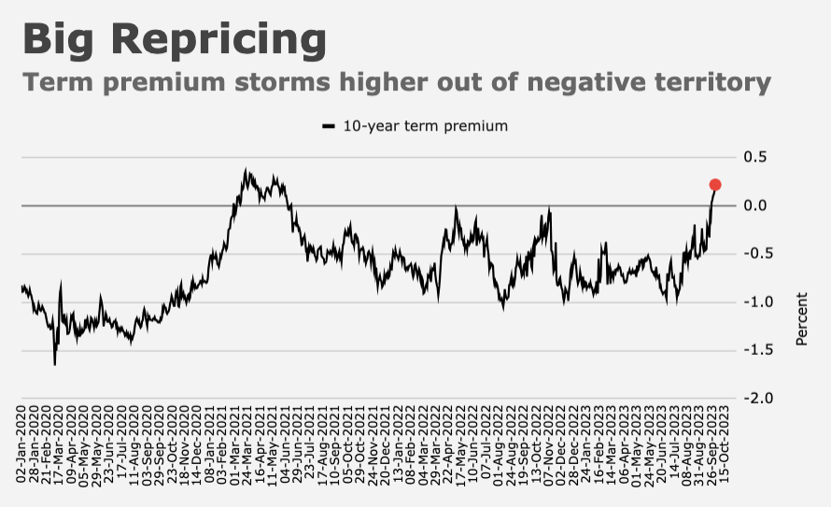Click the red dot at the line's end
point(715,184)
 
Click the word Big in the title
point(58,40)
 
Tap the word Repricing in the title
point(218,40)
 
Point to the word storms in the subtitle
point(282,82)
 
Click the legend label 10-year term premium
point(426,126)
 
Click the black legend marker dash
point(329,126)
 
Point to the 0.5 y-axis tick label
point(755,157)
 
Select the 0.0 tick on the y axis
point(755,205)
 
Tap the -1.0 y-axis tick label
point(754,302)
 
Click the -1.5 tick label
point(754,350)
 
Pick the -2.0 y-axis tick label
point(754,399)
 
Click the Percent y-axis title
point(801,319)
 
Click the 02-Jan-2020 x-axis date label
point(21,444)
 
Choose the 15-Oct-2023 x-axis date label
point(724,444)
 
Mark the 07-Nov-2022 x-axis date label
point(548,444)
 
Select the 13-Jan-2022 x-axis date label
point(398,444)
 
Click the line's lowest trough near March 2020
point(54,364)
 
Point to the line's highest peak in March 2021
point(246,169)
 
